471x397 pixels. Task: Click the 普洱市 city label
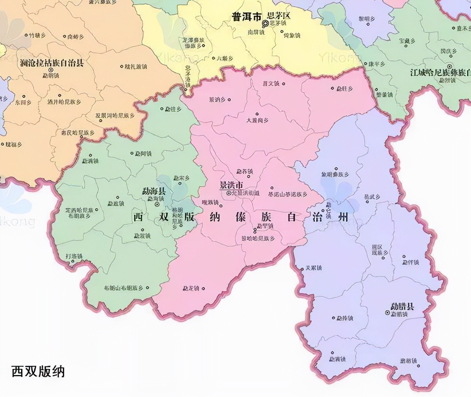(x=246, y=17)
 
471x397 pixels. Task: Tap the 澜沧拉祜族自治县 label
(x=52, y=63)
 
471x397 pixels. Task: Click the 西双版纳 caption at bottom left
(x=38, y=371)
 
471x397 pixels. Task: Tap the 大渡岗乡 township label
(x=257, y=120)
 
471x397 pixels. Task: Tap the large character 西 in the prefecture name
(x=139, y=217)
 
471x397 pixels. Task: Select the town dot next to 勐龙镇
(x=203, y=289)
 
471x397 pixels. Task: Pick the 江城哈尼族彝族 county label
(x=440, y=73)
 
